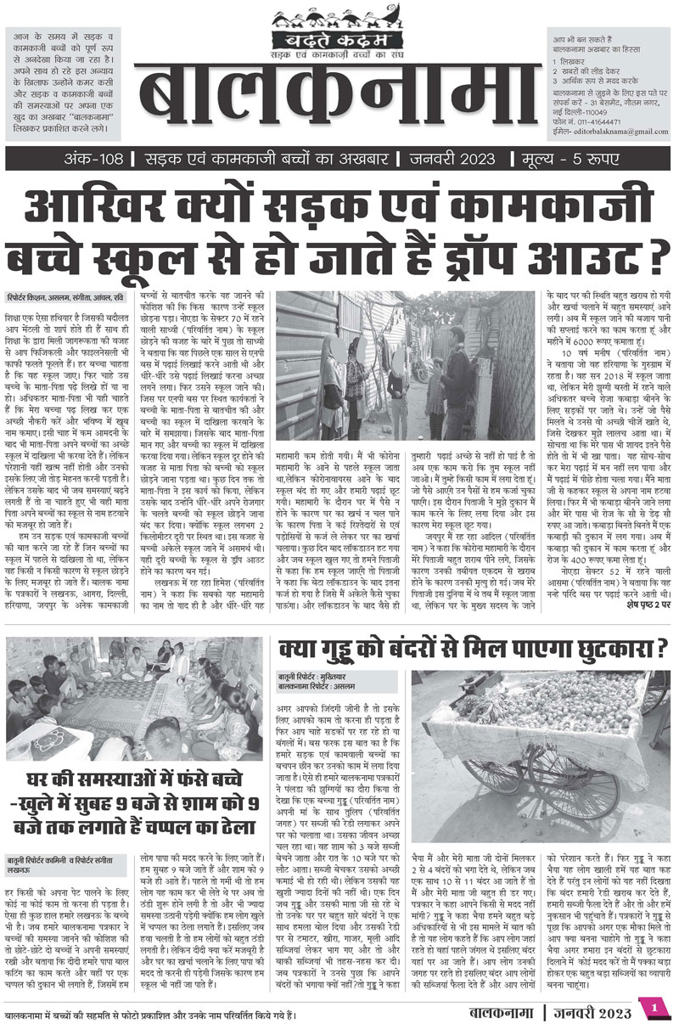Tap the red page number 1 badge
[655, 1006]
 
